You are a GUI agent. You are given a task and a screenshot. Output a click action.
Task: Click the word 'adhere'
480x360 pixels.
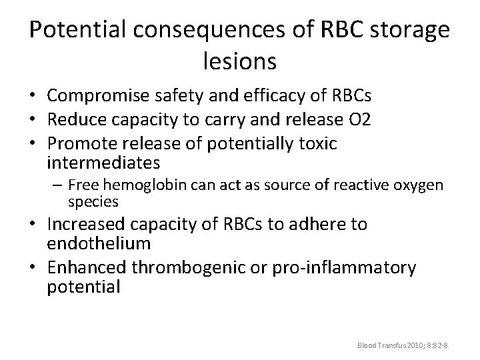tap(314, 224)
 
